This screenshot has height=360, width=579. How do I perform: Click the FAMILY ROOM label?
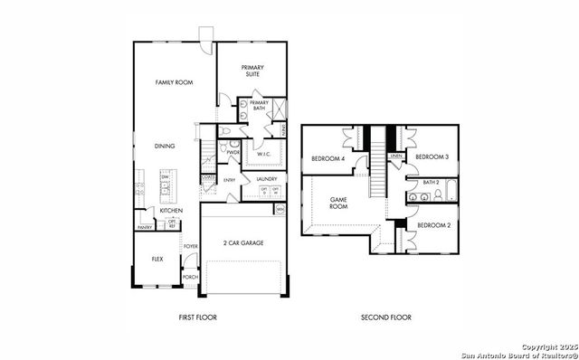pyautogui.click(x=175, y=82)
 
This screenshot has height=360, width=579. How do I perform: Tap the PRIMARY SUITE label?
pyautogui.click(x=250, y=71)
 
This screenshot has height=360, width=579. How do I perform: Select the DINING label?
pyautogui.click(x=165, y=146)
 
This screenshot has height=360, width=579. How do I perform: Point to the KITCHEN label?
pyautogui.click(x=171, y=210)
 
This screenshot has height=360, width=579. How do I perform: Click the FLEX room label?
pyautogui.click(x=157, y=259)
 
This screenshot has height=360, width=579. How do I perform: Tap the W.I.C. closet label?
pyautogui.click(x=264, y=154)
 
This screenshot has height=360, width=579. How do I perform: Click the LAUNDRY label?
pyautogui.click(x=266, y=179)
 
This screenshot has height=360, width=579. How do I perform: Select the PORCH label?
pyautogui.click(x=190, y=277)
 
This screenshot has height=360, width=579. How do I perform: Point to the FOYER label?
pyautogui.click(x=190, y=246)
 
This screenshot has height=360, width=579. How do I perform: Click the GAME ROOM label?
pyautogui.click(x=338, y=203)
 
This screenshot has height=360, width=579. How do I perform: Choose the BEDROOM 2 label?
pyautogui.click(x=434, y=224)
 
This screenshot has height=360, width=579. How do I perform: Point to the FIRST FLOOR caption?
pyautogui.click(x=197, y=317)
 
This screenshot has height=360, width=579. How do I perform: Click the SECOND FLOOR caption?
pyautogui.click(x=386, y=317)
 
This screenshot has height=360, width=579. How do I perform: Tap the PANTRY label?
pyautogui.click(x=145, y=227)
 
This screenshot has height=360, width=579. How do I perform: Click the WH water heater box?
pyautogui.click(x=280, y=210)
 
